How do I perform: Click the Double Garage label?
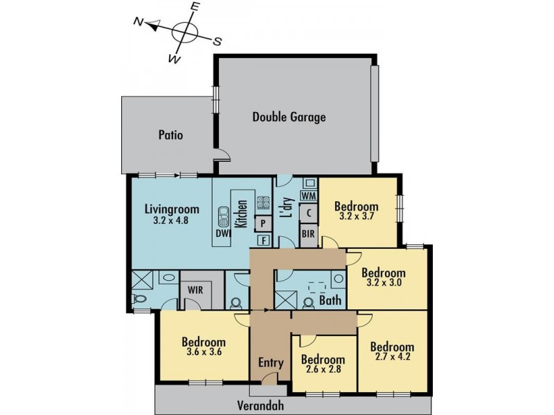289,118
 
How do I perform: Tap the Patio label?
170,135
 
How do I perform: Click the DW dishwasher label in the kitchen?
222,234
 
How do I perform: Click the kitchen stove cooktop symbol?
263,203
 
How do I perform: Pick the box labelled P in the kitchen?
263,223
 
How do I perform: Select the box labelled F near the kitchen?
263,241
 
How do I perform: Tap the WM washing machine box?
309,197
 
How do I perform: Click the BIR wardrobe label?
308,234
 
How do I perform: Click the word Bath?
328,302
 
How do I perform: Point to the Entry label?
271,362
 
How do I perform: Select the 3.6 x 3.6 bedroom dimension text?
203,353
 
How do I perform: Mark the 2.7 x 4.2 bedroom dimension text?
392,358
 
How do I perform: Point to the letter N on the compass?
138,24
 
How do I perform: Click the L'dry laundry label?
285,208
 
